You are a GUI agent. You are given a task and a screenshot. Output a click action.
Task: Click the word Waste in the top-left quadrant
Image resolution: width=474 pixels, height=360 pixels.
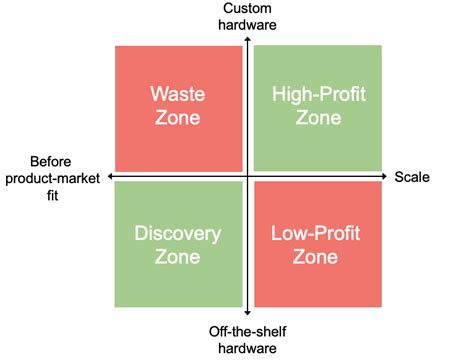click(178, 95)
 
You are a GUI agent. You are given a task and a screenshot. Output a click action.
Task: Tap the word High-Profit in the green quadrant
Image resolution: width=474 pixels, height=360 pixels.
click(316, 95)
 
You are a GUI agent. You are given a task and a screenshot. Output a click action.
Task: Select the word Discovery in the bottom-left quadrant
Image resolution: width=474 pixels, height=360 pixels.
click(178, 234)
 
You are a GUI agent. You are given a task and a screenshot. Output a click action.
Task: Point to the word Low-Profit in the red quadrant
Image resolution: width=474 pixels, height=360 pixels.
click(315, 234)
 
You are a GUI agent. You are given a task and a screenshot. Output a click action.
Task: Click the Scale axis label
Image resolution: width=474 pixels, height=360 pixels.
click(412, 177)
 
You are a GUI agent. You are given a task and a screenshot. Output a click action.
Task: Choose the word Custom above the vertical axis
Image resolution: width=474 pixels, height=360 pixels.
click(246, 9)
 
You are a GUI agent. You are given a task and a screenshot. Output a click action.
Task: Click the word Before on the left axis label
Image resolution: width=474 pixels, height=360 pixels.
click(53, 162)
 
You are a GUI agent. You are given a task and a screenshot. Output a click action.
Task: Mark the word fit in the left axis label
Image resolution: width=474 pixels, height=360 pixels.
click(53, 195)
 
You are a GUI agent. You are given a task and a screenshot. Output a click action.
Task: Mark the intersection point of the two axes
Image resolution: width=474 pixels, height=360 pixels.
click(247, 177)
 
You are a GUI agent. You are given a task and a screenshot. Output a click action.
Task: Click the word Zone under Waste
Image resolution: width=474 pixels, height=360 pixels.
click(178, 118)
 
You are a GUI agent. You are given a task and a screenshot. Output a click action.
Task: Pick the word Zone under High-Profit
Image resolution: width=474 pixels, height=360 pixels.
click(316, 118)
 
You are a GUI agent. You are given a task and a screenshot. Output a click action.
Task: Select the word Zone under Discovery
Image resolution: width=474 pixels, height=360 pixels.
click(178, 257)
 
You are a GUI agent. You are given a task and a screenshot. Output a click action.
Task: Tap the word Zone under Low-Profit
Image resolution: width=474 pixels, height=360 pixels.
click(315, 257)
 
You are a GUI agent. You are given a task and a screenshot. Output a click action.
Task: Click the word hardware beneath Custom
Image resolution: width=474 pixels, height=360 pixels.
click(247, 25)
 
